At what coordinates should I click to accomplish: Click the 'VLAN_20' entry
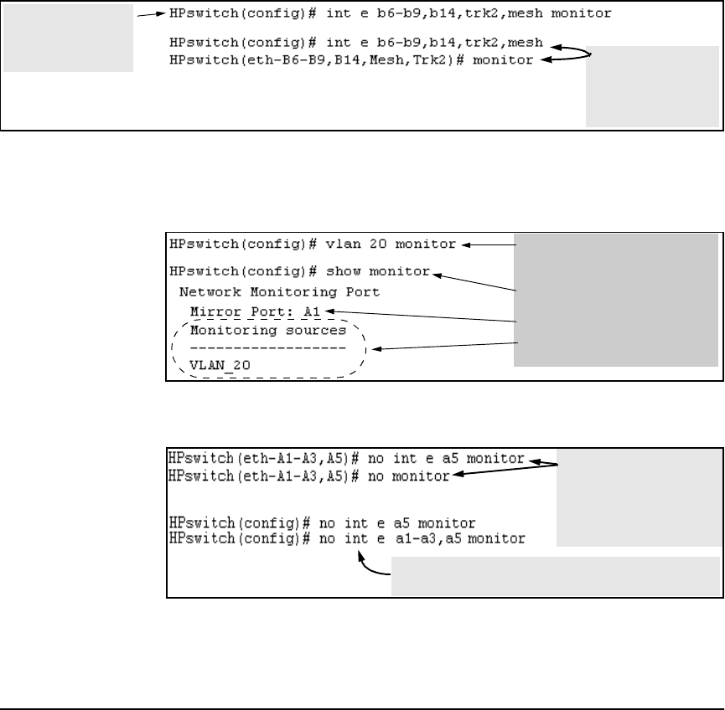click(220, 365)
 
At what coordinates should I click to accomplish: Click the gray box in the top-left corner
click(68, 39)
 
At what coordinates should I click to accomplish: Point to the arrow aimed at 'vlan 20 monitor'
click(489, 245)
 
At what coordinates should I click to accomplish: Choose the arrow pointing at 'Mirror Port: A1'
click(419, 316)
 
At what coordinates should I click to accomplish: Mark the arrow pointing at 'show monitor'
click(474, 281)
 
